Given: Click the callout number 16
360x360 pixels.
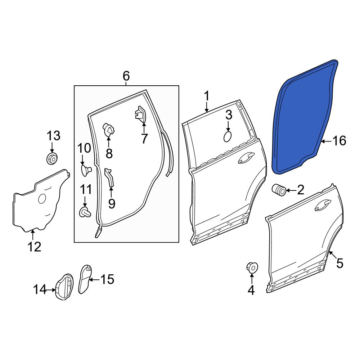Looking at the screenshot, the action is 339,141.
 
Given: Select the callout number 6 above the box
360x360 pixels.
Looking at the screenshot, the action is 126,76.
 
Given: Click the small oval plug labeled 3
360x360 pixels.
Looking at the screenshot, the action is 228,137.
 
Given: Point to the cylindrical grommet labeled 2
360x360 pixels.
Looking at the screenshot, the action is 279,190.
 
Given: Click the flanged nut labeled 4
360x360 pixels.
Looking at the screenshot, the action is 252,267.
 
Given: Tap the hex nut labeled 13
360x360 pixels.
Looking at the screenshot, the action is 52,158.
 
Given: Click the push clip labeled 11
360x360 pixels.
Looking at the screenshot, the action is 85,212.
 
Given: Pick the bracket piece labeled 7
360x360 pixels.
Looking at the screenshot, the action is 141,114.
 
